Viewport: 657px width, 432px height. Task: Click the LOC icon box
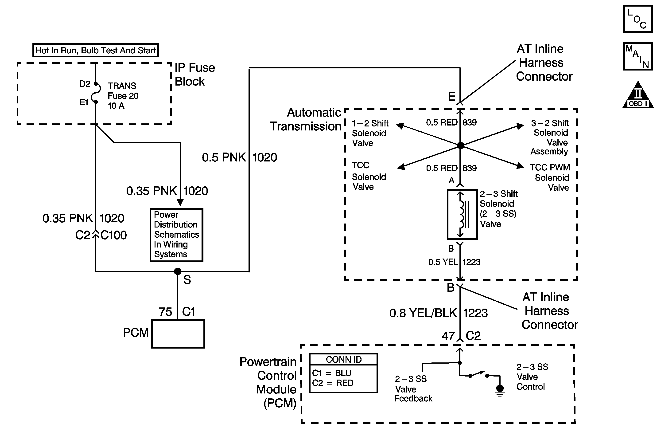coord(638,19)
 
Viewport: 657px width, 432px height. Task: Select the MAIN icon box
coord(638,56)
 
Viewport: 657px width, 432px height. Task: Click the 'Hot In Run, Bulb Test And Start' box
coord(96,50)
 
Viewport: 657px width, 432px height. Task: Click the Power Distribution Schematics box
coord(176,235)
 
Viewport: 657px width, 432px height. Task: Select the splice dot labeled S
coord(178,271)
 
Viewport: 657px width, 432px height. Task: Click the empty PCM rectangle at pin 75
coord(178,334)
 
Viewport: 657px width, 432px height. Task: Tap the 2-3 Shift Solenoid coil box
coord(462,214)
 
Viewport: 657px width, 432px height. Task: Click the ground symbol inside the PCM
coord(500,390)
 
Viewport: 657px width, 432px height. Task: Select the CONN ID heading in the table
coord(343,360)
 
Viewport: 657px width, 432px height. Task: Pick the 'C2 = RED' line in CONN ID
coord(333,383)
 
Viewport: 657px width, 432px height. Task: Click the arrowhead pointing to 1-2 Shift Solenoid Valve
coord(400,126)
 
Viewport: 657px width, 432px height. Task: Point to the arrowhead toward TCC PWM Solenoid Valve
coord(520,166)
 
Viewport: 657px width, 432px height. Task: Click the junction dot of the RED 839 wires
coord(460,145)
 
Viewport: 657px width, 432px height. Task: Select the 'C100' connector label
coord(113,235)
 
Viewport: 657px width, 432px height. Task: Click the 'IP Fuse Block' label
coord(195,74)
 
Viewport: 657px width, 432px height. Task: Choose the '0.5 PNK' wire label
coord(224,157)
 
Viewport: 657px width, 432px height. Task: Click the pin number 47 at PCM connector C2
coord(448,336)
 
